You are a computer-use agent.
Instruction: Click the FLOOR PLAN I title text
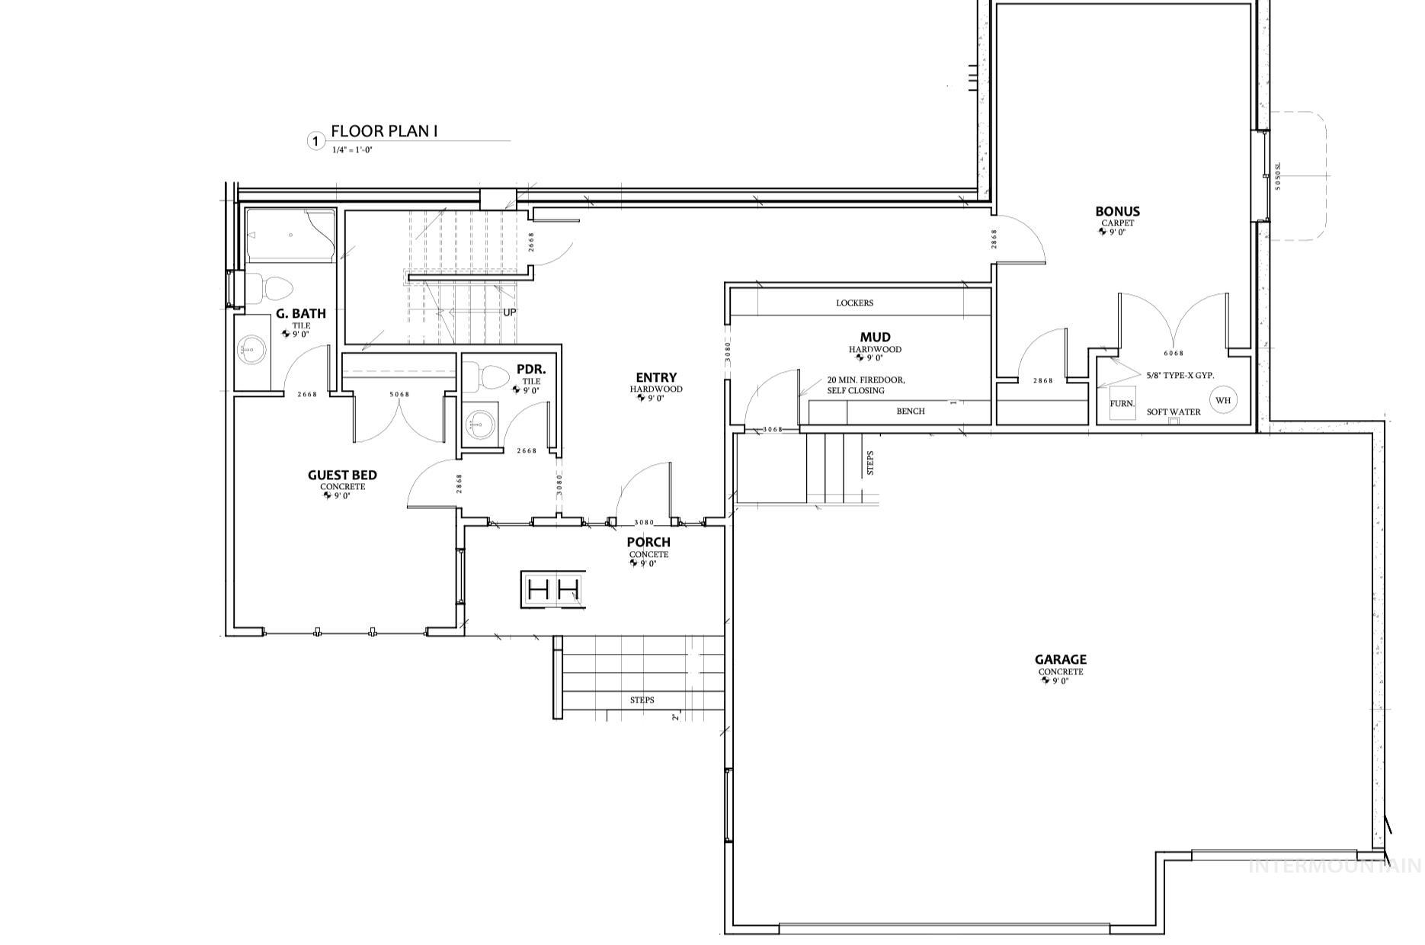click(384, 131)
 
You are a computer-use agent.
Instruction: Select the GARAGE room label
click(1060, 660)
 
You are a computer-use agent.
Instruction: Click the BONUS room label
click(1117, 212)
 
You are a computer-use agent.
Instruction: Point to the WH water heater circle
click(1222, 400)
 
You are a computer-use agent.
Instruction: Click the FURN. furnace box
click(1121, 404)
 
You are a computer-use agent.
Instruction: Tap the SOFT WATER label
click(1174, 412)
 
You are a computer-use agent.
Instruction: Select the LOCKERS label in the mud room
click(854, 303)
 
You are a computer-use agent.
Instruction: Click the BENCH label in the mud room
click(910, 412)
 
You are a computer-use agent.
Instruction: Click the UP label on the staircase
click(509, 312)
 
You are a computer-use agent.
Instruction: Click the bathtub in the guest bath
click(290, 235)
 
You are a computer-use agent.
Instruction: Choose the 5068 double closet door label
click(399, 395)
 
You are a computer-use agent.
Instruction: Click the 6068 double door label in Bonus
click(1174, 354)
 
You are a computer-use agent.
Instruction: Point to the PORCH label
click(648, 543)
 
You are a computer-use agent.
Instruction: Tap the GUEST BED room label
click(342, 476)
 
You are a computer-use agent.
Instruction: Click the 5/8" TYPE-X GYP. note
click(1180, 376)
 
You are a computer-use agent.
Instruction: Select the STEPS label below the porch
click(642, 700)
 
